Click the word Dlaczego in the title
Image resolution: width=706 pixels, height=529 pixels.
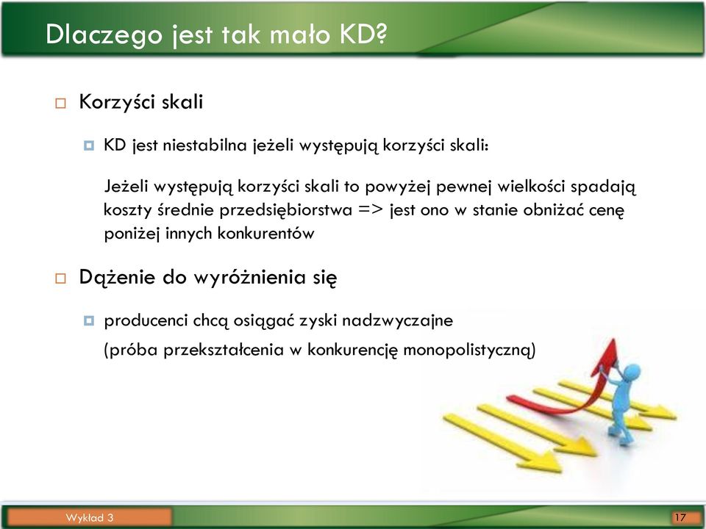(104, 35)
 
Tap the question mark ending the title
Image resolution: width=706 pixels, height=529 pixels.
(381, 33)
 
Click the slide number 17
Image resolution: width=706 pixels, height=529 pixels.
(680, 517)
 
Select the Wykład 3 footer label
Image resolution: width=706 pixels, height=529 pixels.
(90, 518)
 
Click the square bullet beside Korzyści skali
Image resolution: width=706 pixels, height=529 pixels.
(60, 104)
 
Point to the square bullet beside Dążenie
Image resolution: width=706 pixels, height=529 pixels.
(60, 278)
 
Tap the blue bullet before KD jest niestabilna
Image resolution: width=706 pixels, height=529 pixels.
(89, 145)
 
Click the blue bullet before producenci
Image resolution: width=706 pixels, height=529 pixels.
(89, 321)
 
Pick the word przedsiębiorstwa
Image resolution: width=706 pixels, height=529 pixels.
(286, 211)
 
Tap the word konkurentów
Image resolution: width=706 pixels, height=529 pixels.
(265, 234)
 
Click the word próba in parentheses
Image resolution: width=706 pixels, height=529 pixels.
(133, 350)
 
